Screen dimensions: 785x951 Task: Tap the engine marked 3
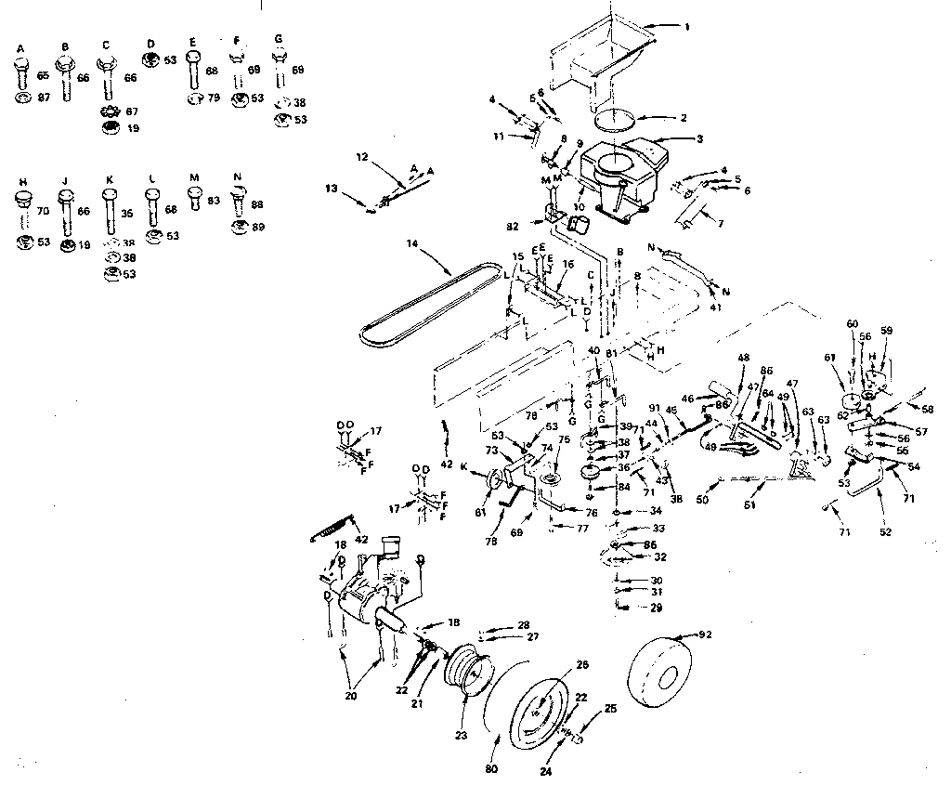click(620, 177)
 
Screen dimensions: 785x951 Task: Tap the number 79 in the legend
click(215, 98)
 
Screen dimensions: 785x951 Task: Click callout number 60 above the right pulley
click(852, 323)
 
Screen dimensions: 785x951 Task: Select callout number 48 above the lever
click(743, 357)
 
